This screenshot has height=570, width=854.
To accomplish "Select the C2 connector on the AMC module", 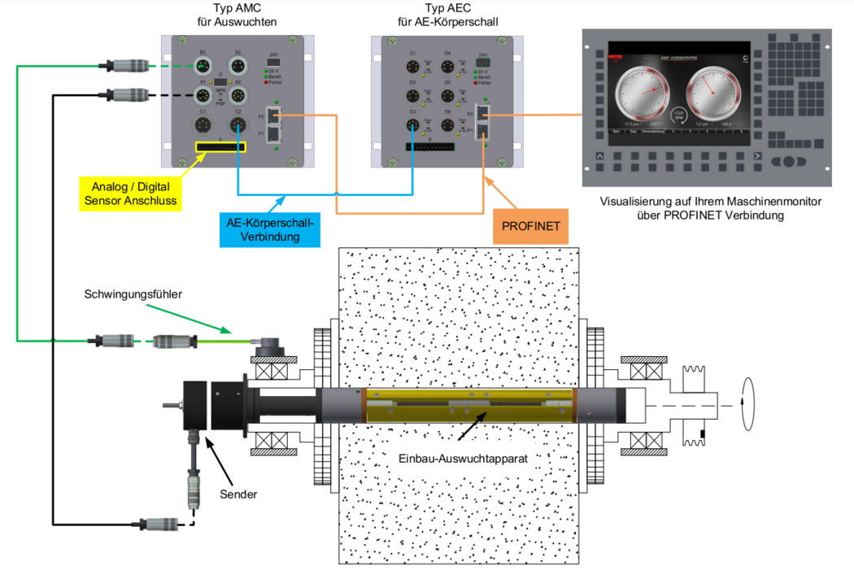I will pos(237,124).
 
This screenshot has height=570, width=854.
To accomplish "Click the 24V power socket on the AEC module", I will pos(483,61).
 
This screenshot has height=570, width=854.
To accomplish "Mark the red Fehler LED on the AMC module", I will pos(265,83).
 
